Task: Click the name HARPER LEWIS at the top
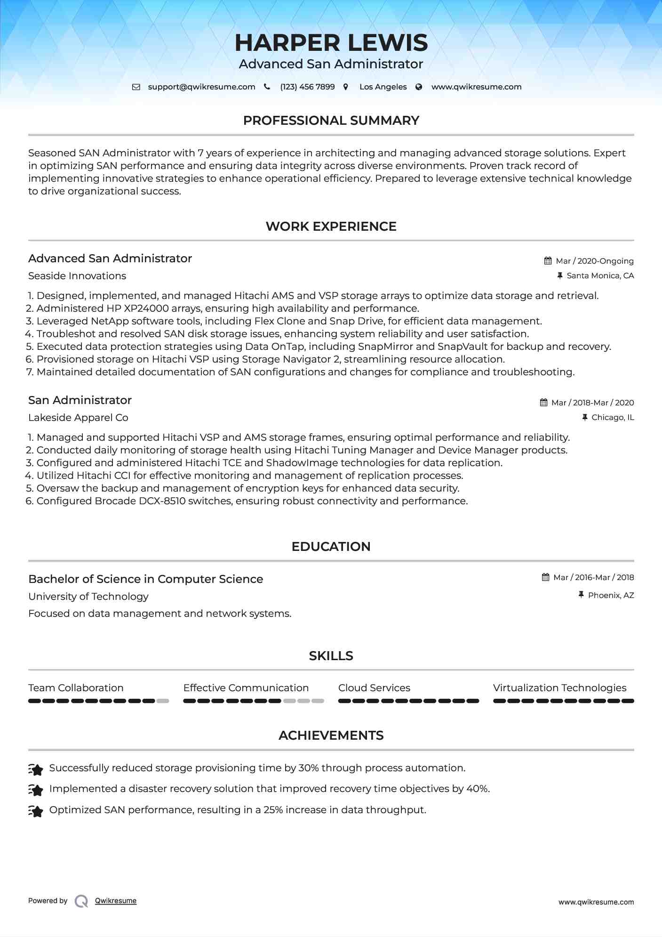tap(331, 43)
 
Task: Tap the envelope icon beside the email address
tap(136, 87)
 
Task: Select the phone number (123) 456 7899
tap(307, 87)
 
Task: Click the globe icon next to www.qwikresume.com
tap(419, 87)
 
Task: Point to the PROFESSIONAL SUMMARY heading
tap(331, 121)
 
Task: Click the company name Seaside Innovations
tap(77, 276)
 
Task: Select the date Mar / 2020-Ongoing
tap(595, 261)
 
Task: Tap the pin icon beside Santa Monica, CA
tap(560, 276)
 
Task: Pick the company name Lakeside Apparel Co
tap(78, 418)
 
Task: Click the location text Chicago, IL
tap(613, 418)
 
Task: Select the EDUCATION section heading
tap(331, 547)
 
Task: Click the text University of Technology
tap(88, 597)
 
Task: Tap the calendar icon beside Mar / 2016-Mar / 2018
tap(546, 577)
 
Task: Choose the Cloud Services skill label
tap(374, 688)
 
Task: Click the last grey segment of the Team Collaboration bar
tap(163, 701)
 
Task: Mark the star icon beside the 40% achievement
tap(36, 789)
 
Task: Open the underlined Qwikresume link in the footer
tap(116, 901)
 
